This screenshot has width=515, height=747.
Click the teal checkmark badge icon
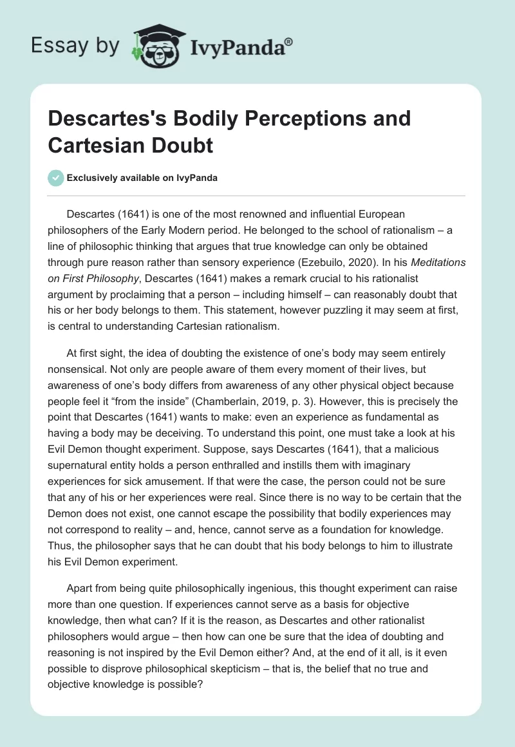(56, 178)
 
